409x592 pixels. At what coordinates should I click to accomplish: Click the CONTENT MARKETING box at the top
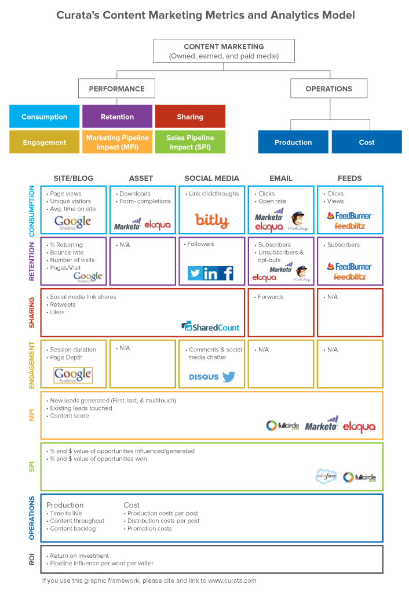pyautogui.click(x=224, y=50)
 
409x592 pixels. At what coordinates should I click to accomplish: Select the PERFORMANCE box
pyautogui.click(x=116, y=88)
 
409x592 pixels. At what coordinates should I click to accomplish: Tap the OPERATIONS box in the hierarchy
pyautogui.click(x=328, y=88)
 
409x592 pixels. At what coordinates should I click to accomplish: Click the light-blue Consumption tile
pyautogui.click(x=45, y=117)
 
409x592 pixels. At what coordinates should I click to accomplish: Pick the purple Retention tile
pyautogui.click(x=118, y=117)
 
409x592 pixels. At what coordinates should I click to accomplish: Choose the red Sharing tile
pyautogui.click(x=190, y=117)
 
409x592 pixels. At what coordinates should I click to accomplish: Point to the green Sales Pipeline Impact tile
pyautogui.click(x=190, y=142)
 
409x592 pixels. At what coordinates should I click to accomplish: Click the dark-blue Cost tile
pyautogui.click(x=367, y=142)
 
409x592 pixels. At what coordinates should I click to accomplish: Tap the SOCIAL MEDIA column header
pyautogui.click(x=211, y=178)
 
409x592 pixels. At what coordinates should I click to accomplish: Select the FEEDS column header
pyautogui.click(x=350, y=178)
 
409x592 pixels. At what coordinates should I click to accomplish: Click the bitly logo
pyautogui.click(x=212, y=220)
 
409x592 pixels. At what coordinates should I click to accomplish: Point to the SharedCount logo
pyautogui.click(x=210, y=327)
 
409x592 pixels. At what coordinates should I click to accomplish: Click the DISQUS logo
pyautogui.click(x=204, y=377)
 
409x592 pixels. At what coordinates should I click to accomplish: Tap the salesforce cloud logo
pyautogui.click(x=326, y=477)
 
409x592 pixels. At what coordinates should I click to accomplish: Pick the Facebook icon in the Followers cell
pyautogui.click(x=228, y=273)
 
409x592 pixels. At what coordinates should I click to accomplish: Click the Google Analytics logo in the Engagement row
pyautogui.click(x=73, y=375)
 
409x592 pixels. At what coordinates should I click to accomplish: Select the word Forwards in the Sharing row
pyautogui.click(x=271, y=297)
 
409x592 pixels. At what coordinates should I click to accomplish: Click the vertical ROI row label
pyautogui.click(x=32, y=560)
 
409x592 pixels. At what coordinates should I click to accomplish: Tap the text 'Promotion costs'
pyautogui.click(x=149, y=529)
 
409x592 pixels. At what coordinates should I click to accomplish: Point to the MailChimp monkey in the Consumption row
pyautogui.click(x=298, y=218)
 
